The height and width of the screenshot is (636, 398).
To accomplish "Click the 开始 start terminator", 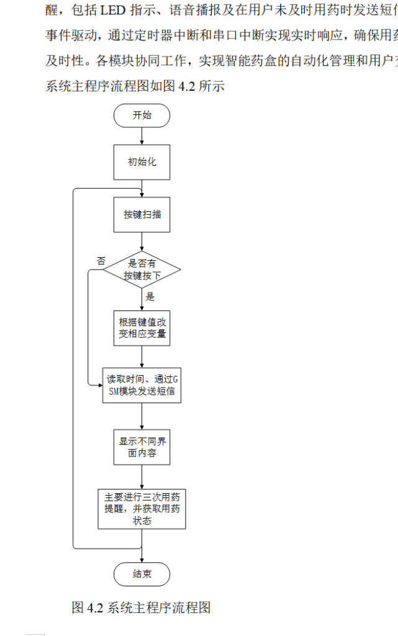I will click(142, 116).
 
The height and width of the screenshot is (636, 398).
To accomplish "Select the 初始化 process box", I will click(142, 162).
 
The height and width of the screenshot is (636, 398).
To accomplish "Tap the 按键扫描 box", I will click(142, 214).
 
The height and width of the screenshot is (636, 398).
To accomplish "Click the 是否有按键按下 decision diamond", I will click(142, 270).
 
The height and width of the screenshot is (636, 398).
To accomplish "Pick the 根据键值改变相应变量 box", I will click(142, 329).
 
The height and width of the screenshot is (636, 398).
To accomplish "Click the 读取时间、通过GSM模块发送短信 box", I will click(142, 385).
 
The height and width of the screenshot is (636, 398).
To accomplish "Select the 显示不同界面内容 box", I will click(142, 447).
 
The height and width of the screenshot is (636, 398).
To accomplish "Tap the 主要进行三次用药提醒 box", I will click(142, 509).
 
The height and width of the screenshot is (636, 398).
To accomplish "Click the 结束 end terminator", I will click(142, 574).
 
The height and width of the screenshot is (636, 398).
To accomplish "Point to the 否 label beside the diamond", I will click(101, 260).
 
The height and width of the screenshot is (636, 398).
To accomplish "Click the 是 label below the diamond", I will click(150, 297).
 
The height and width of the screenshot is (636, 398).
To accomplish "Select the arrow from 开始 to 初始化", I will click(142, 136).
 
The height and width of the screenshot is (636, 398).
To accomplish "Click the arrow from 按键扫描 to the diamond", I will click(142, 241).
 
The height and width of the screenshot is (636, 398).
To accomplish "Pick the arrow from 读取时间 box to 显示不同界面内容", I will click(142, 416).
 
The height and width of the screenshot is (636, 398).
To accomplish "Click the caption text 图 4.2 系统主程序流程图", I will click(141, 607).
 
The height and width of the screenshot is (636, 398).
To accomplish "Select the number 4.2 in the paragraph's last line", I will click(187, 86).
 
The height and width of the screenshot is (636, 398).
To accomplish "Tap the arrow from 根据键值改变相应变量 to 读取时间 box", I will click(142, 357).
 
